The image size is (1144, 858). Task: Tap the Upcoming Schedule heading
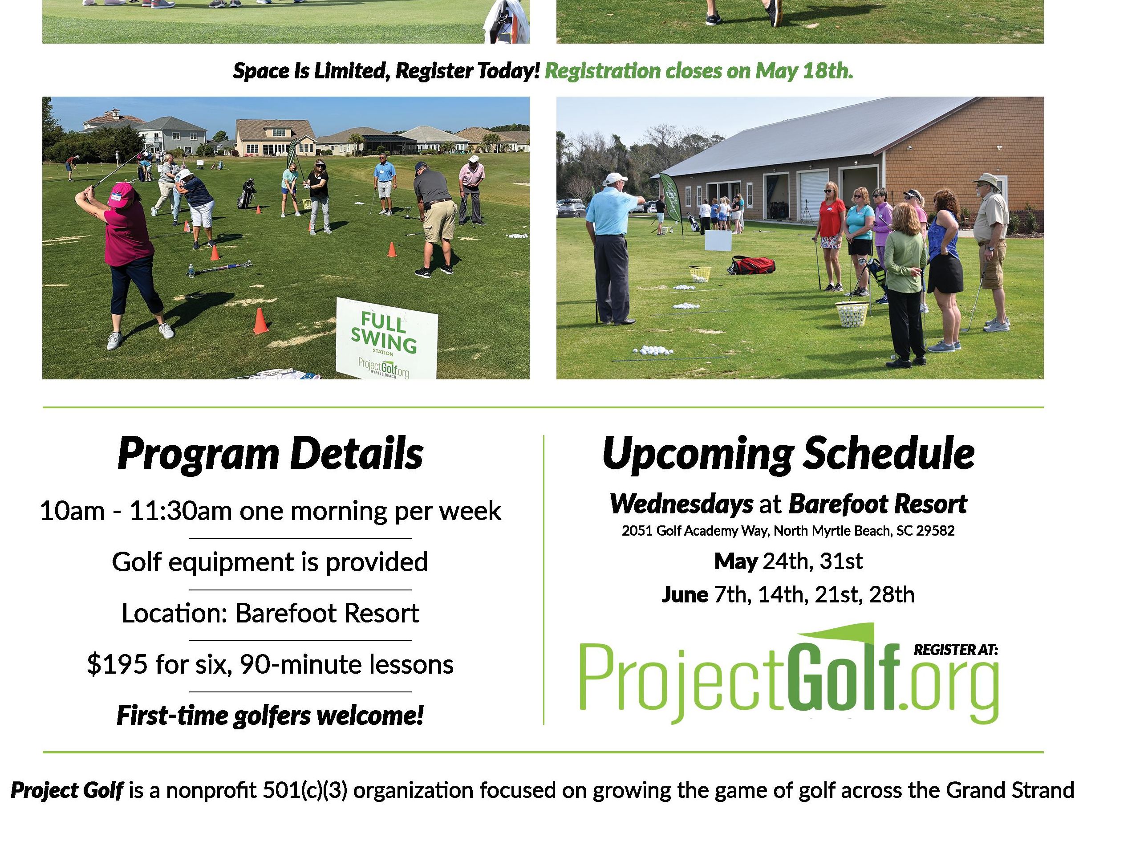tap(788, 454)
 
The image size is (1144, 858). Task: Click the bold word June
tap(684, 595)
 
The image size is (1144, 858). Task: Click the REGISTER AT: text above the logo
tap(956, 650)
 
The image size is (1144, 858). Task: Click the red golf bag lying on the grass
tap(751, 265)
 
